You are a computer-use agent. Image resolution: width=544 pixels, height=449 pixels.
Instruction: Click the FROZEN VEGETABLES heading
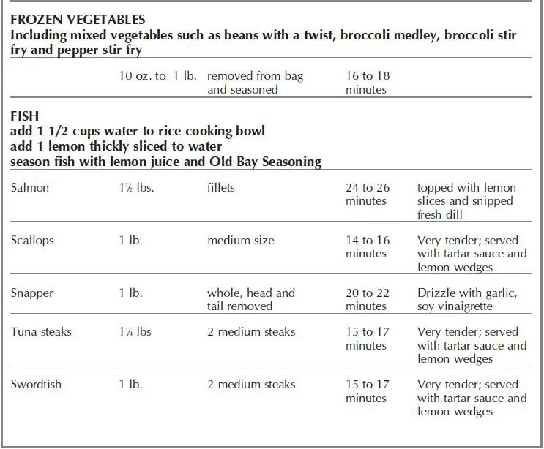(78, 20)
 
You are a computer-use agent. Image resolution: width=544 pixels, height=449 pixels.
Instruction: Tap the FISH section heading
(26, 117)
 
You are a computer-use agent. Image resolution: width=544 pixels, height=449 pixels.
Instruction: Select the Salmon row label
(31, 188)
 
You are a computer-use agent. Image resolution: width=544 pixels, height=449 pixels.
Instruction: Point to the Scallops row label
(33, 241)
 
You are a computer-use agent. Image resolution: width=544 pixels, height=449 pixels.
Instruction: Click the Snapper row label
(32, 293)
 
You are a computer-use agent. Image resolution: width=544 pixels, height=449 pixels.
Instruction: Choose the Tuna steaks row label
(42, 332)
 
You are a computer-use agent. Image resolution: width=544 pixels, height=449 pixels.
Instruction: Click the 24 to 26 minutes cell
(368, 195)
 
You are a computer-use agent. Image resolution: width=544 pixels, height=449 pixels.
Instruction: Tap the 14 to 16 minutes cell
(368, 247)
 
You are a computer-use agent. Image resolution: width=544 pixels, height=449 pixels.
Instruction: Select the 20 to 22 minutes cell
(368, 300)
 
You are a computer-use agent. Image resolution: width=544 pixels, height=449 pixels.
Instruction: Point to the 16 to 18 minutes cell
(368, 83)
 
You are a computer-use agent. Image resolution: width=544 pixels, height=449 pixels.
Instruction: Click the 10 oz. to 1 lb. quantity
(157, 76)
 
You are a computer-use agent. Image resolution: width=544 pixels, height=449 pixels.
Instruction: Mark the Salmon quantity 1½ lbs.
(137, 188)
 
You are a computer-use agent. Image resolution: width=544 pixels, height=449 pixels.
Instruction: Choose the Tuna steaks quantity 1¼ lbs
(135, 332)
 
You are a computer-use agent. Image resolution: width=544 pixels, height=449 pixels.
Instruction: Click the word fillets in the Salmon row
(221, 188)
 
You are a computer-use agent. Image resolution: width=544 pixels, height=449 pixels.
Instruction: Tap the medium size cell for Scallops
(241, 241)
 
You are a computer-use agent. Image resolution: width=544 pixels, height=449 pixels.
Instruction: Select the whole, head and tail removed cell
(250, 300)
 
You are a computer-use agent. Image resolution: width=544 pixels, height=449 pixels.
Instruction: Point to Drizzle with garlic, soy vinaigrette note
(467, 300)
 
